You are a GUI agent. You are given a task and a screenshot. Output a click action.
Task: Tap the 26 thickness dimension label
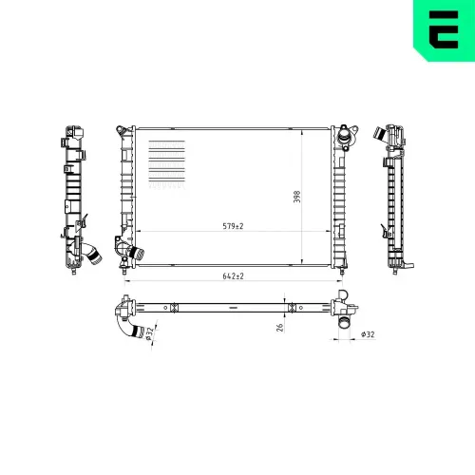coord(279,328)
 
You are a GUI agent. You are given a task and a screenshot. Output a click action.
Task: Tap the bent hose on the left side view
coord(92,254)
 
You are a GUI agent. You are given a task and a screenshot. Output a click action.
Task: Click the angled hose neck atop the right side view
coord(390,135)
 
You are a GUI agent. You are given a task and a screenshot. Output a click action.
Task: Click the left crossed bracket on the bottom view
coord(173,307)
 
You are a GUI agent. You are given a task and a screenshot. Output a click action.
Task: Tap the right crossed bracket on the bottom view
coord(293,307)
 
